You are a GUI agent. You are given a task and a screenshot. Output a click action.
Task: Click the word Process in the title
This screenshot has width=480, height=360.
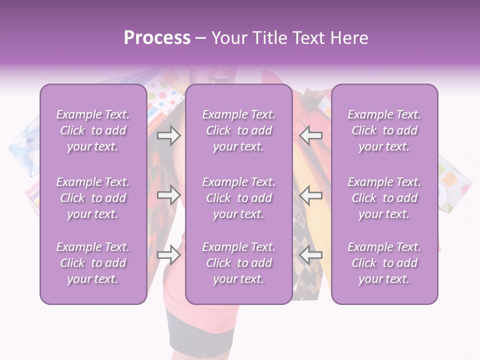[x=157, y=38]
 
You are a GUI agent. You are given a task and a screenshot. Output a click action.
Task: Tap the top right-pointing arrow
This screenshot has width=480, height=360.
[x=168, y=135]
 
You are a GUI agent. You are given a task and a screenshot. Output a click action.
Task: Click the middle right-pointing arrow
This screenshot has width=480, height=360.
[x=168, y=195]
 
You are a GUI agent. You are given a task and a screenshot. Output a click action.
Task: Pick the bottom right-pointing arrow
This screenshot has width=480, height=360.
[x=168, y=255]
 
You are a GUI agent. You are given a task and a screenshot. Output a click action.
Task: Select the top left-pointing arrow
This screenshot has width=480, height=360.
[x=311, y=135]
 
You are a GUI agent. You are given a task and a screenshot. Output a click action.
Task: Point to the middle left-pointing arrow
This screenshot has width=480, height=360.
[x=311, y=195]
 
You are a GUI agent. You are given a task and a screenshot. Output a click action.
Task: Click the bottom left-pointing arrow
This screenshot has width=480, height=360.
[x=311, y=255]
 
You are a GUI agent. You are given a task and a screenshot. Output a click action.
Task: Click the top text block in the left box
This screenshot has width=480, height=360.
[x=93, y=130]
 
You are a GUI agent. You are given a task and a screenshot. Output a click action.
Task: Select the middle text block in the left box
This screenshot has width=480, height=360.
[x=93, y=198]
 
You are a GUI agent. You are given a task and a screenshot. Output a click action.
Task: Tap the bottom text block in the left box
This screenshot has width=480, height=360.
[x=93, y=263]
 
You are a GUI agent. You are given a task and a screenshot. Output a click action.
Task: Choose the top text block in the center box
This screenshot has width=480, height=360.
[x=238, y=130]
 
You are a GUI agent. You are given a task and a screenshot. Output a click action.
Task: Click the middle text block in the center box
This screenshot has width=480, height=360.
[x=238, y=198]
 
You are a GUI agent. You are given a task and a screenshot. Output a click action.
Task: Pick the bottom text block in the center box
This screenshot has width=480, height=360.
[x=238, y=263]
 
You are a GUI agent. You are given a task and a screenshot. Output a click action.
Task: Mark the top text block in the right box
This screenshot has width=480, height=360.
[x=384, y=130]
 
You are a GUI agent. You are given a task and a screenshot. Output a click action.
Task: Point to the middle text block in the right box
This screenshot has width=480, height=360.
[x=384, y=198]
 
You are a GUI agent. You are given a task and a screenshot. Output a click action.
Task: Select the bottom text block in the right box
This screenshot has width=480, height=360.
[x=384, y=263]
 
